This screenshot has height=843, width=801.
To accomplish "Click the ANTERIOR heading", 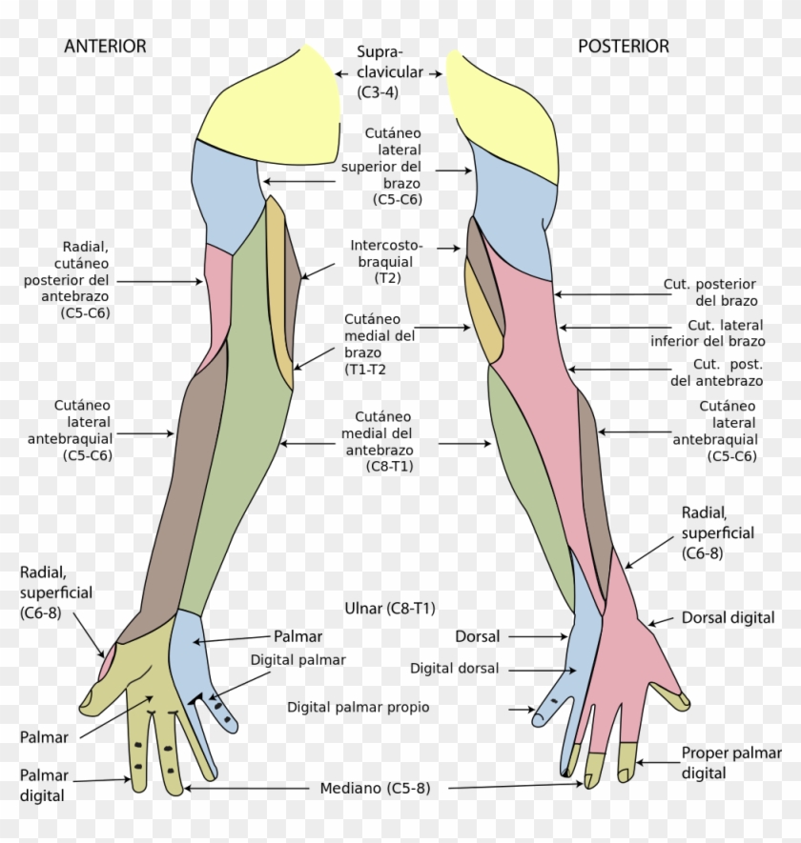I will pyautogui.click(x=105, y=46).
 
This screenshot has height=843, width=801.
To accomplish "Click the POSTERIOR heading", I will pyautogui.click(x=624, y=46).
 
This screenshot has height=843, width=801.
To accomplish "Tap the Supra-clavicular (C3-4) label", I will pyautogui.click(x=381, y=71).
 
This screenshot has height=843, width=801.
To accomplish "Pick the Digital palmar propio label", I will pyautogui.click(x=359, y=708).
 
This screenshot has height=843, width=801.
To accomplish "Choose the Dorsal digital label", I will pyautogui.click(x=728, y=618).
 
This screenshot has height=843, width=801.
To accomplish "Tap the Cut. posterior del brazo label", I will pyautogui.click(x=712, y=292).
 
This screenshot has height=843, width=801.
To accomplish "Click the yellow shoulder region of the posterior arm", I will pyautogui.click(x=501, y=110).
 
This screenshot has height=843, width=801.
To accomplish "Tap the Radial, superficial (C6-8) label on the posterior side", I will pyautogui.click(x=717, y=532).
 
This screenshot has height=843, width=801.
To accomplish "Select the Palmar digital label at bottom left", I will pyautogui.click(x=43, y=785).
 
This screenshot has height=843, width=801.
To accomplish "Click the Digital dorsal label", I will pyautogui.click(x=454, y=669).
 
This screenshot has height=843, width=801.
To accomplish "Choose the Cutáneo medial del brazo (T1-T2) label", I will pyautogui.click(x=380, y=344).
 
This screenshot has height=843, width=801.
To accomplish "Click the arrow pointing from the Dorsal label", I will pyautogui.click(x=538, y=636).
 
